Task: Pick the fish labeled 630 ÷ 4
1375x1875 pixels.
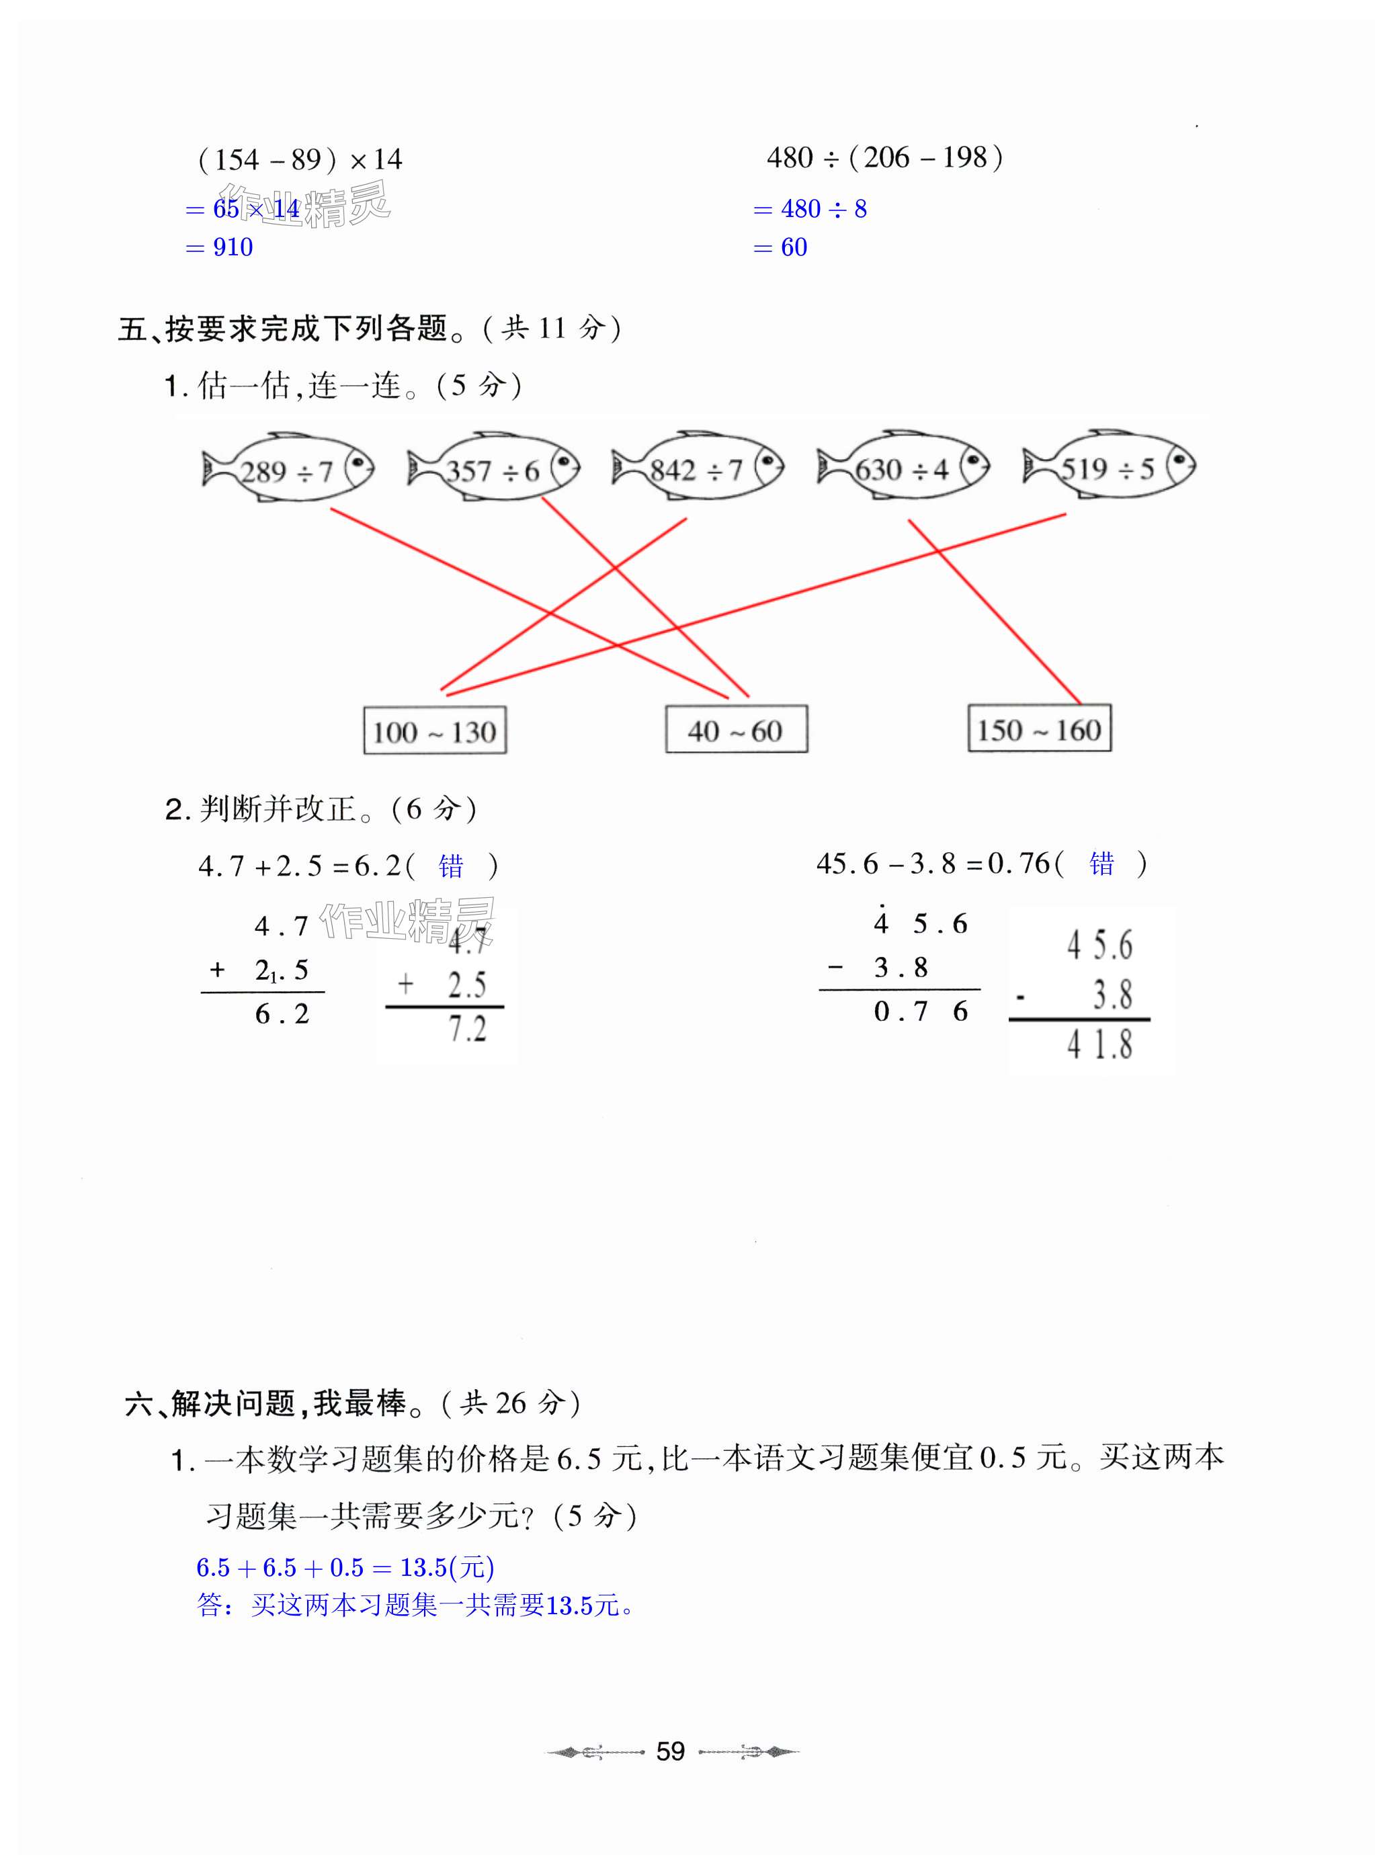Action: (903, 468)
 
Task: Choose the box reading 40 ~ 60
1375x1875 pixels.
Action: (736, 731)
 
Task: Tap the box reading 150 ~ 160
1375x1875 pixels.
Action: (1039, 730)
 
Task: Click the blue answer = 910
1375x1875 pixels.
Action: (220, 247)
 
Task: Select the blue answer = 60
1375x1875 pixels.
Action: (781, 247)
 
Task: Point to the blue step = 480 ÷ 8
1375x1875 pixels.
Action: (810, 209)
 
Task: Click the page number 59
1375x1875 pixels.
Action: (670, 1751)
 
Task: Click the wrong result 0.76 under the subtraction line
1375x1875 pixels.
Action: (921, 1011)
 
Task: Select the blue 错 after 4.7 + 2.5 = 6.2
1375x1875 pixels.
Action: (450, 866)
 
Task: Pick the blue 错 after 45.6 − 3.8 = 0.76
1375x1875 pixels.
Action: (1101, 864)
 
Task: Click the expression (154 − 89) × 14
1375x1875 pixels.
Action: (300, 159)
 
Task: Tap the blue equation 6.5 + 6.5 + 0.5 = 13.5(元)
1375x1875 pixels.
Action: (345, 1568)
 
